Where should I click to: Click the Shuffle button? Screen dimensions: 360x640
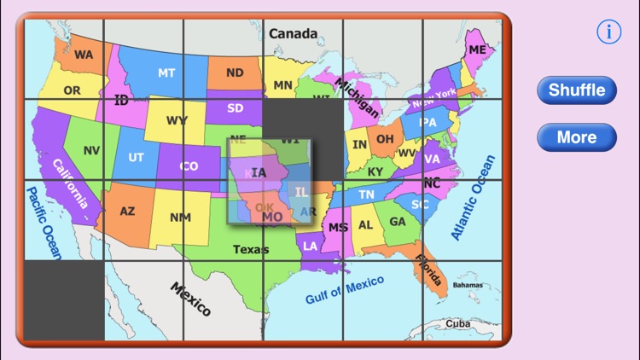[577, 90]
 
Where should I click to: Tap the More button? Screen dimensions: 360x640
[577, 136]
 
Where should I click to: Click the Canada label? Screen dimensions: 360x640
[293, 34]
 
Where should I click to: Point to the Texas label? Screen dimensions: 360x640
[251, 249]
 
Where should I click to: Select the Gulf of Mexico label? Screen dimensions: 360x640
[345, 290]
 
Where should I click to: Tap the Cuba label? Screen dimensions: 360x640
[458, 324]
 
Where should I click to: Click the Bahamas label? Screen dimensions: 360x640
[468, 285]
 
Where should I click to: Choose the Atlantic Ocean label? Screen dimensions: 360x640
[473, 197]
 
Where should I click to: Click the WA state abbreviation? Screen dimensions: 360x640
[84, 55]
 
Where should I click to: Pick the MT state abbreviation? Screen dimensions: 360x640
[166, 73]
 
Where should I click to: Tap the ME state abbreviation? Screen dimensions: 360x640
[477, 50]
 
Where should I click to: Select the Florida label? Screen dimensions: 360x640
[428, 270]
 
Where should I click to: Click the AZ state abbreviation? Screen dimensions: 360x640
[127, 211]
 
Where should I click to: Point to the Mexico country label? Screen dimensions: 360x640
[189, 299]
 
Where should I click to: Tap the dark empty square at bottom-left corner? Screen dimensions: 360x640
[64, 300]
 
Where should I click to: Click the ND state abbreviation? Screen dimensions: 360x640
[235, 73]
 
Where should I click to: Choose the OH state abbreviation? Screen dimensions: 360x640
[386, 138]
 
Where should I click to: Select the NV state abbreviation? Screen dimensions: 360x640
[92, 150]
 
